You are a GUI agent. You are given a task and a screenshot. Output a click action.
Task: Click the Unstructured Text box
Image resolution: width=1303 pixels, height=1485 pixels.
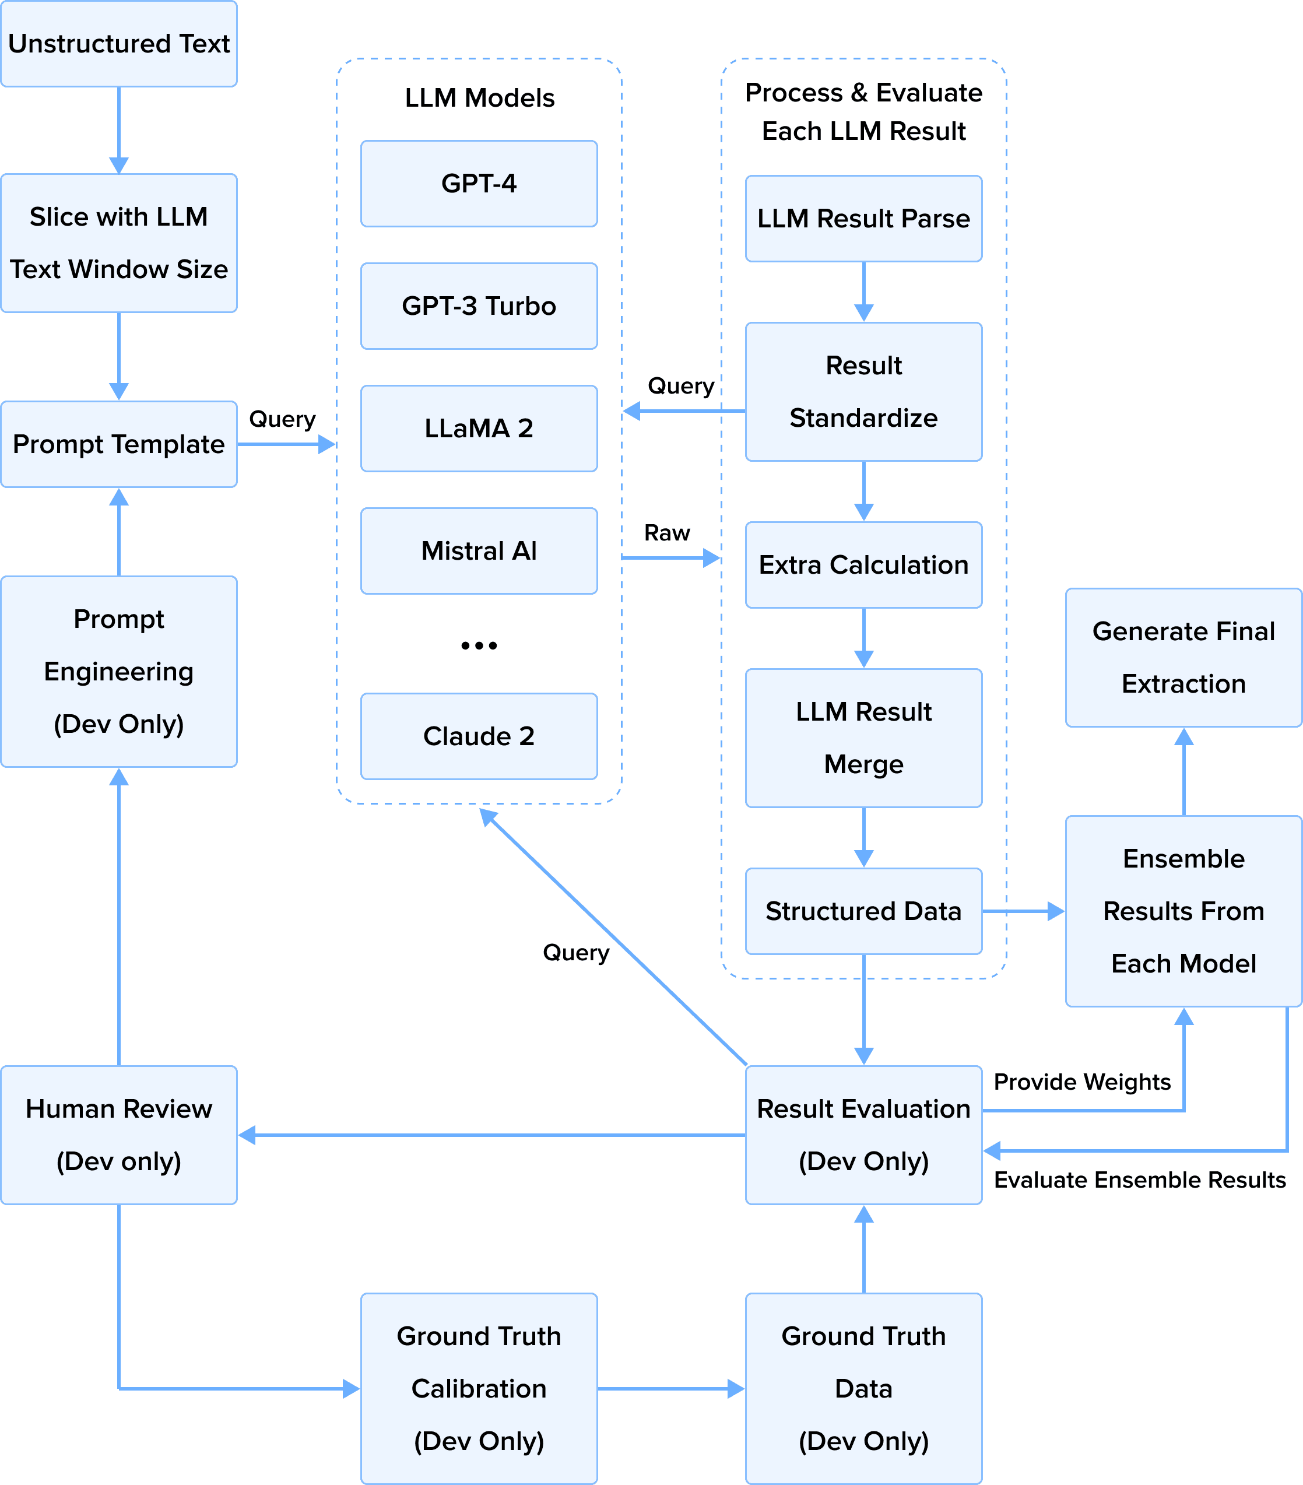tap(118, 44)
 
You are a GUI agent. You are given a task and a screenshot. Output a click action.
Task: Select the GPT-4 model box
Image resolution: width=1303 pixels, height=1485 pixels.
tap(479, 184)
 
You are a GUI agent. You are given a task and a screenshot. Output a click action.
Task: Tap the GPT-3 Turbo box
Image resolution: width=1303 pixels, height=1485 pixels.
tap(479, 306)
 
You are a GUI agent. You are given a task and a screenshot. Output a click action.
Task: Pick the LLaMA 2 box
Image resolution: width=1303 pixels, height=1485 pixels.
tap(479, 429)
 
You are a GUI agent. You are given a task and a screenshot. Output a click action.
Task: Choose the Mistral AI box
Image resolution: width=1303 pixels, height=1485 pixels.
tap(479, 551)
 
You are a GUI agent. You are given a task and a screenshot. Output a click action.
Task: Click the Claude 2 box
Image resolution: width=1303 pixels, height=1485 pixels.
tap(479, 736)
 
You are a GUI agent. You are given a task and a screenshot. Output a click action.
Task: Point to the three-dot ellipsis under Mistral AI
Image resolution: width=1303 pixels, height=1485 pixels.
tap(479, 645)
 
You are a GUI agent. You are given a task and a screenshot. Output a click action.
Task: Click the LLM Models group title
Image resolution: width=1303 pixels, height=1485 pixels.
tap(479, 98)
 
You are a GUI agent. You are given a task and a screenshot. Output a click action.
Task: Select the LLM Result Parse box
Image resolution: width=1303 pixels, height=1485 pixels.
tap(863, 219)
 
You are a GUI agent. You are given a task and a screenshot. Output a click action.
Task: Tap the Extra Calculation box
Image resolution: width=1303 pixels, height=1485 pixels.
tap(863, 564)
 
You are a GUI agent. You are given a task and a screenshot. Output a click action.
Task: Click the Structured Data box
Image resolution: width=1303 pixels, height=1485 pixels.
tap(863, 911)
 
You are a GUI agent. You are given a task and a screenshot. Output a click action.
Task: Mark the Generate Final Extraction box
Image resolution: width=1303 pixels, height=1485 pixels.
tap(1183, 658)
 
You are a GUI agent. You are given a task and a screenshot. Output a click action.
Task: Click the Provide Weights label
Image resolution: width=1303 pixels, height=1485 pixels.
tap(1082, 1082)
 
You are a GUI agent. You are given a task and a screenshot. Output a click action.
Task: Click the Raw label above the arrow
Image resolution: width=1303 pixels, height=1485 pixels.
tap(667, 532)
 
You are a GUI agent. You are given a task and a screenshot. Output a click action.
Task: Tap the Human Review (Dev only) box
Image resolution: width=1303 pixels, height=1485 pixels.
tap(118, 1135)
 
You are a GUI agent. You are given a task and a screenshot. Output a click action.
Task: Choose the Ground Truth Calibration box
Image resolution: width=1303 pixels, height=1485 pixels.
tap(479, 1388)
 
